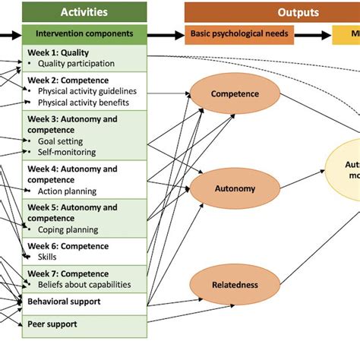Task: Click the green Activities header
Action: [84, 12]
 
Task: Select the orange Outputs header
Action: [272, 12]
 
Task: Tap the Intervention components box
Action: [84, 34]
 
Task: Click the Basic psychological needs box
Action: [238, 34]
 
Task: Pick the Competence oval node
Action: [235, 94]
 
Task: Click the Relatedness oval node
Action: [235, 285]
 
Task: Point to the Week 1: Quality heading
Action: [58, 52]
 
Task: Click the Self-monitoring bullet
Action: [67, 153]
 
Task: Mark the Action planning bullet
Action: [70, 191]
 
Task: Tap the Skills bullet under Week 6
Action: [47, 257]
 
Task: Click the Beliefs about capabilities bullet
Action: [84, 285]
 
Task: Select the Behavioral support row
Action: [64, 302]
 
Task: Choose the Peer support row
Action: [52, 324]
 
